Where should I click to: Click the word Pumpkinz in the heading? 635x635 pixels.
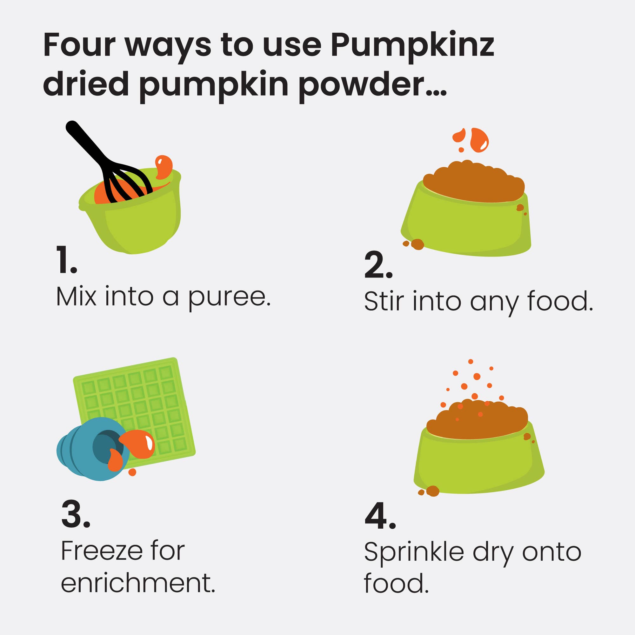[x=412, y=46]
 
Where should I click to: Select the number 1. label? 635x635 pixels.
[x=66, y=260]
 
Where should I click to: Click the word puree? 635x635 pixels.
[x=229, y=297]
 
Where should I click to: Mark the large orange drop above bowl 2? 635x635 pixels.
[x=479, y=140]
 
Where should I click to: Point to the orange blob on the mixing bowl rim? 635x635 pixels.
[x=163, y=166]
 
